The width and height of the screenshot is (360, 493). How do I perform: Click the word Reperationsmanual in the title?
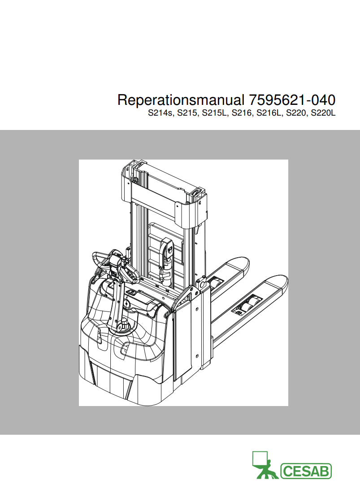tap(181, 100)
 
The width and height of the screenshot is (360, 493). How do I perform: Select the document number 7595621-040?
tap(292, 100)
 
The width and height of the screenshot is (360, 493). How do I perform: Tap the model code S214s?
tap(160, 112)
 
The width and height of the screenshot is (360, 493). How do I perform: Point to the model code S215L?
tap(213, 112)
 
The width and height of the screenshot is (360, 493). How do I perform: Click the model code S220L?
tap(323, 112)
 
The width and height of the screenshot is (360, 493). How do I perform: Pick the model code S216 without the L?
tap(241, 112)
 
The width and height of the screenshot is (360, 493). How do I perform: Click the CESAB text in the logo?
tap(306, 471)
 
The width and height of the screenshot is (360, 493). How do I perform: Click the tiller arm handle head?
tap(115, 264)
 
